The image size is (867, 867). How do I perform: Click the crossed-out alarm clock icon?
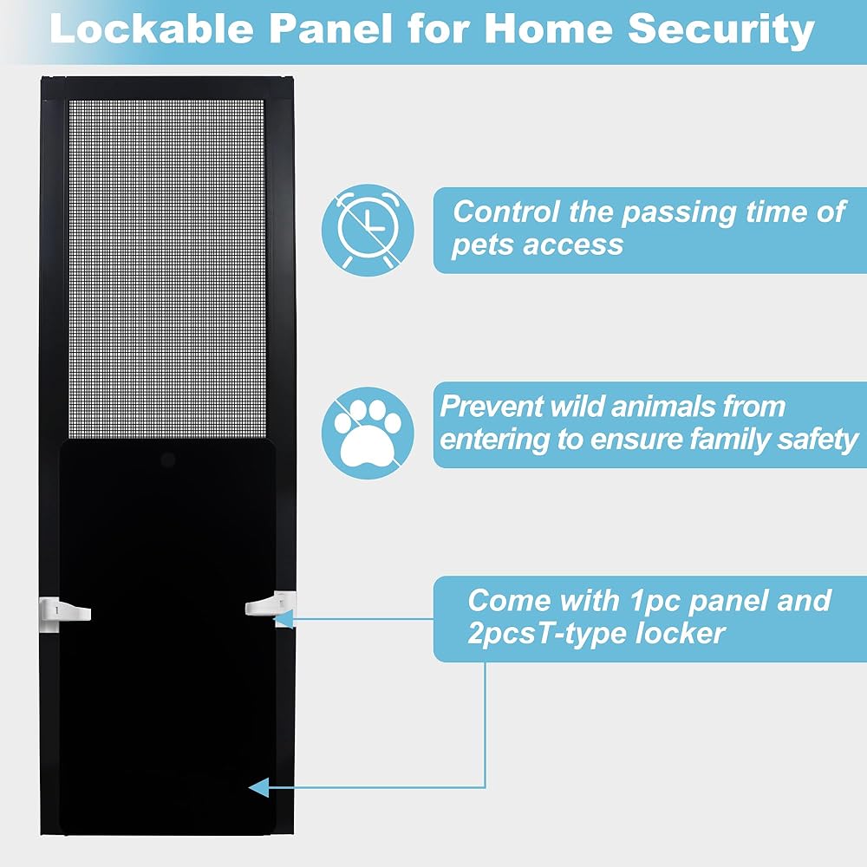pyautogui.click(x=368, y=230)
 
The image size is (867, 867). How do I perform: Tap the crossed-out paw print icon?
pyautogui.click(x=368, y=433)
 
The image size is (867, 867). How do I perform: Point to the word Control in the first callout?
pyautogui.click(x=506, y=212)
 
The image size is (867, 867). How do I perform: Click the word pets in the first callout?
pyautogui.click(x=478, y=245)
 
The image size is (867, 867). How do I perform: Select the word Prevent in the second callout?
pyautogui.click(x=491, y=407)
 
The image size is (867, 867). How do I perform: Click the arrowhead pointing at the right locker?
pyautogui.click(x=284, y=619)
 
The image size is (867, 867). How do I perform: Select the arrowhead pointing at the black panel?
pyautogui.click(x=258, y=787)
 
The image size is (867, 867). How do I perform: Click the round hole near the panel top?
pyautogui.click(x=168, y=460)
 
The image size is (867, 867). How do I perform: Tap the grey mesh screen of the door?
pyautogui.click(x=166, y=268)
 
